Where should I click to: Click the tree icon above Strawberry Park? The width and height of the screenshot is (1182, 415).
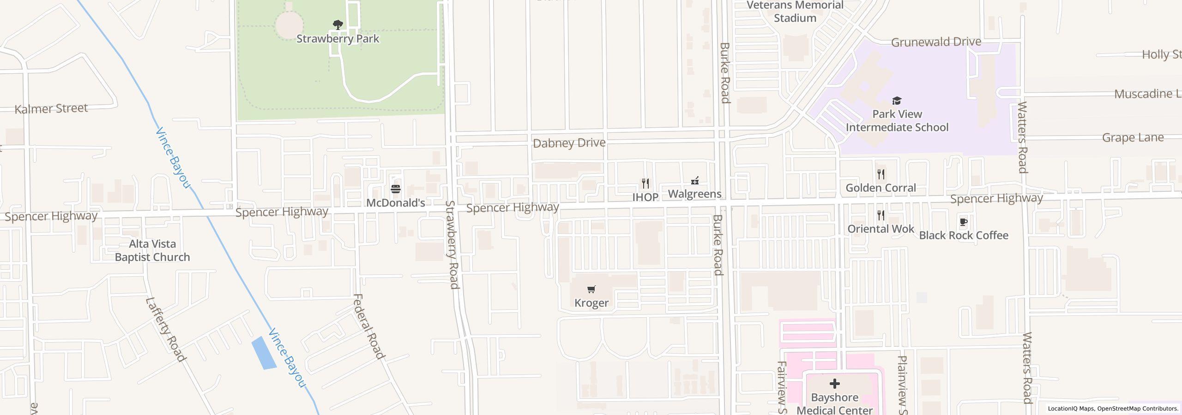tap(338, 25)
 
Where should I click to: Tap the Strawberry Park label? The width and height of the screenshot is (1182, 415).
tap(338, 39)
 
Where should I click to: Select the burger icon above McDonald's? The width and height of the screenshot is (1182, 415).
tap(396, 189)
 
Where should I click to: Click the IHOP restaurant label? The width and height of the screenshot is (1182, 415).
tap(645, 197)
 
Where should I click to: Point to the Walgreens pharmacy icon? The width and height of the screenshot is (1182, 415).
tap(694, 181)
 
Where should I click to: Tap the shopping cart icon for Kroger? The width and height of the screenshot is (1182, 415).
tap(591, 290)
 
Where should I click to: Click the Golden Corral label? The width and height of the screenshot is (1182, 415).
tap(880, 188)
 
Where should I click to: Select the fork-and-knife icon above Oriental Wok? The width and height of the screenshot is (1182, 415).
tap(881, 215)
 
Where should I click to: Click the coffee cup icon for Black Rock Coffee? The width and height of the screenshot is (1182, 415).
tap(964, 222)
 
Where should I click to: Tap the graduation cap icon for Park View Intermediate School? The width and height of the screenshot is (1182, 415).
tap(897, 101)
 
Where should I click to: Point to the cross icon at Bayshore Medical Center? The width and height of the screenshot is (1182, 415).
tap(834, 384)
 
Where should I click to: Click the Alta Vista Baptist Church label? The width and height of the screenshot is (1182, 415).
tap(152, 251)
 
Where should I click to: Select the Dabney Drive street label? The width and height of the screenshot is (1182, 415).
tap(569, 143)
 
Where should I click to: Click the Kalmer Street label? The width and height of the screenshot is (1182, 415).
tap(51, 109)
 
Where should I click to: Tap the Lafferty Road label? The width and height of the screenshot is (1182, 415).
tap(166, 329)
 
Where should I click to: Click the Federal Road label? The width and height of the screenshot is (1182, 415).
tap(368, 326)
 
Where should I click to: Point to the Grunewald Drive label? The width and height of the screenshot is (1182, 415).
tap(935, 42)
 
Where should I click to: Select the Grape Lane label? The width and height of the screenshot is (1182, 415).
tap(1133, 138)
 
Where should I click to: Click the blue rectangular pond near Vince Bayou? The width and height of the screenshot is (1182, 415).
tap(264, 353)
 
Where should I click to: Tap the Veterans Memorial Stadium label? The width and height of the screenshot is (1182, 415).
tap(795, 12)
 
